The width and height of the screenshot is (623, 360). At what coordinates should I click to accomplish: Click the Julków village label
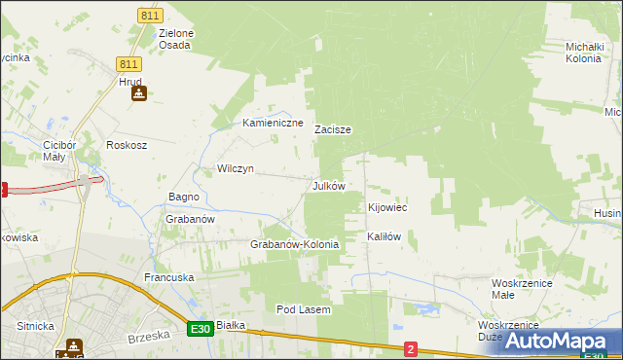pyautogui.click(x=328, y=185)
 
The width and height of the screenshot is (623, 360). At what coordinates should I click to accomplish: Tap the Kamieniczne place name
pyautogui.click(x=274, y=124)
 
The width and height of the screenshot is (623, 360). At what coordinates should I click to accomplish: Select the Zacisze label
pyautogui.click(x=332, y=129)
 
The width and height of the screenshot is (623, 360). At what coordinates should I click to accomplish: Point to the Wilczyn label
pyautogui.click(x=235, y=168)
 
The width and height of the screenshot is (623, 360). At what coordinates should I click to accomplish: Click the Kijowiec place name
pyautogui.click(x=386, y=208)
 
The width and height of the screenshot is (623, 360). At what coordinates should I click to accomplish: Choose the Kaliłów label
pyautogui.click(x=384, y=236)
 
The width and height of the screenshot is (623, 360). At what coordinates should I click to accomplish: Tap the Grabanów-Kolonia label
pyautogui.click(x=295, y=244)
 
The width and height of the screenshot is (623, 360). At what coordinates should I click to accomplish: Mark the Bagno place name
pyautogui.click(x=184, y=197)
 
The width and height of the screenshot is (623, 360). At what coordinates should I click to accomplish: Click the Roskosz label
pyautogui.click(x=127, y=145)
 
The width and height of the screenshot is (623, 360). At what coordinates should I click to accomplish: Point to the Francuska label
pyautogui.click(x=169, y=277)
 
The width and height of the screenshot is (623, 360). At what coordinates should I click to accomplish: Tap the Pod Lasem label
pyautogui.click(x=304, y=309)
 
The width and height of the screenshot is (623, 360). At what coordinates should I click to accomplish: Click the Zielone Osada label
pyautogui.click(x=176, y=39)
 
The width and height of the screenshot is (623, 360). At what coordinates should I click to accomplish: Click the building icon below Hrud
pyautogui.click(x=138, y=94)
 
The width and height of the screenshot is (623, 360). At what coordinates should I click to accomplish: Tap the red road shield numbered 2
pyautogui.click(x=411, y=348)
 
